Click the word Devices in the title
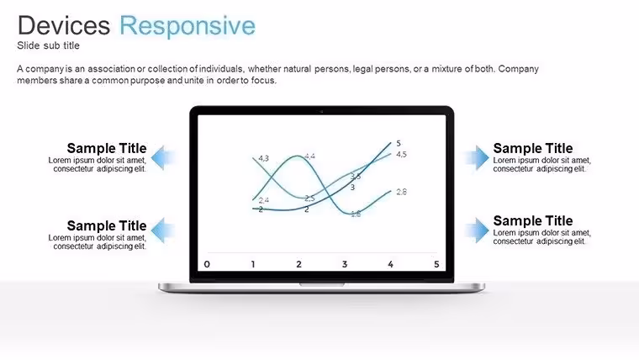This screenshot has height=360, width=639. (64, 25)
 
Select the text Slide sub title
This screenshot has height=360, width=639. (48, 45)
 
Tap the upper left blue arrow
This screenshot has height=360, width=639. (163, 157)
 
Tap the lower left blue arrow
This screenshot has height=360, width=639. (163, 230)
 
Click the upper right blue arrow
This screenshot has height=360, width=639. (477, 157)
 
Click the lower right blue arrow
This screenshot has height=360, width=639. (477, 230)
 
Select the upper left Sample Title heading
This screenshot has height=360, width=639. (107, 148)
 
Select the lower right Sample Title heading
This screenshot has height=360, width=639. (533, 220)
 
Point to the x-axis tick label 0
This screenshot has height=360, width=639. (207, 264)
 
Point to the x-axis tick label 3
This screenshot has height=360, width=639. (345, 264)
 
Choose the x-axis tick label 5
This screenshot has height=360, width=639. (436, 264)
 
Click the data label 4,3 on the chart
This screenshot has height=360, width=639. (264, 158)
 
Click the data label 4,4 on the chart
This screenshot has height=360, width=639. (309, 156)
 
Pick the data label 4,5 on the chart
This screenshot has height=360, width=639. (401, 154)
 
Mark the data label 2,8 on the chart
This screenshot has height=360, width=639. (401, 192)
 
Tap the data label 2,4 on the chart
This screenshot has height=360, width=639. (264, 200)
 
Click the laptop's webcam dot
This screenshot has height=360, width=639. (321, 111)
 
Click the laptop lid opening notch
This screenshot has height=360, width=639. (322, 284)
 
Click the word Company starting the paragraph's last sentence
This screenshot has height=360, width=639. (519, 69)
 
